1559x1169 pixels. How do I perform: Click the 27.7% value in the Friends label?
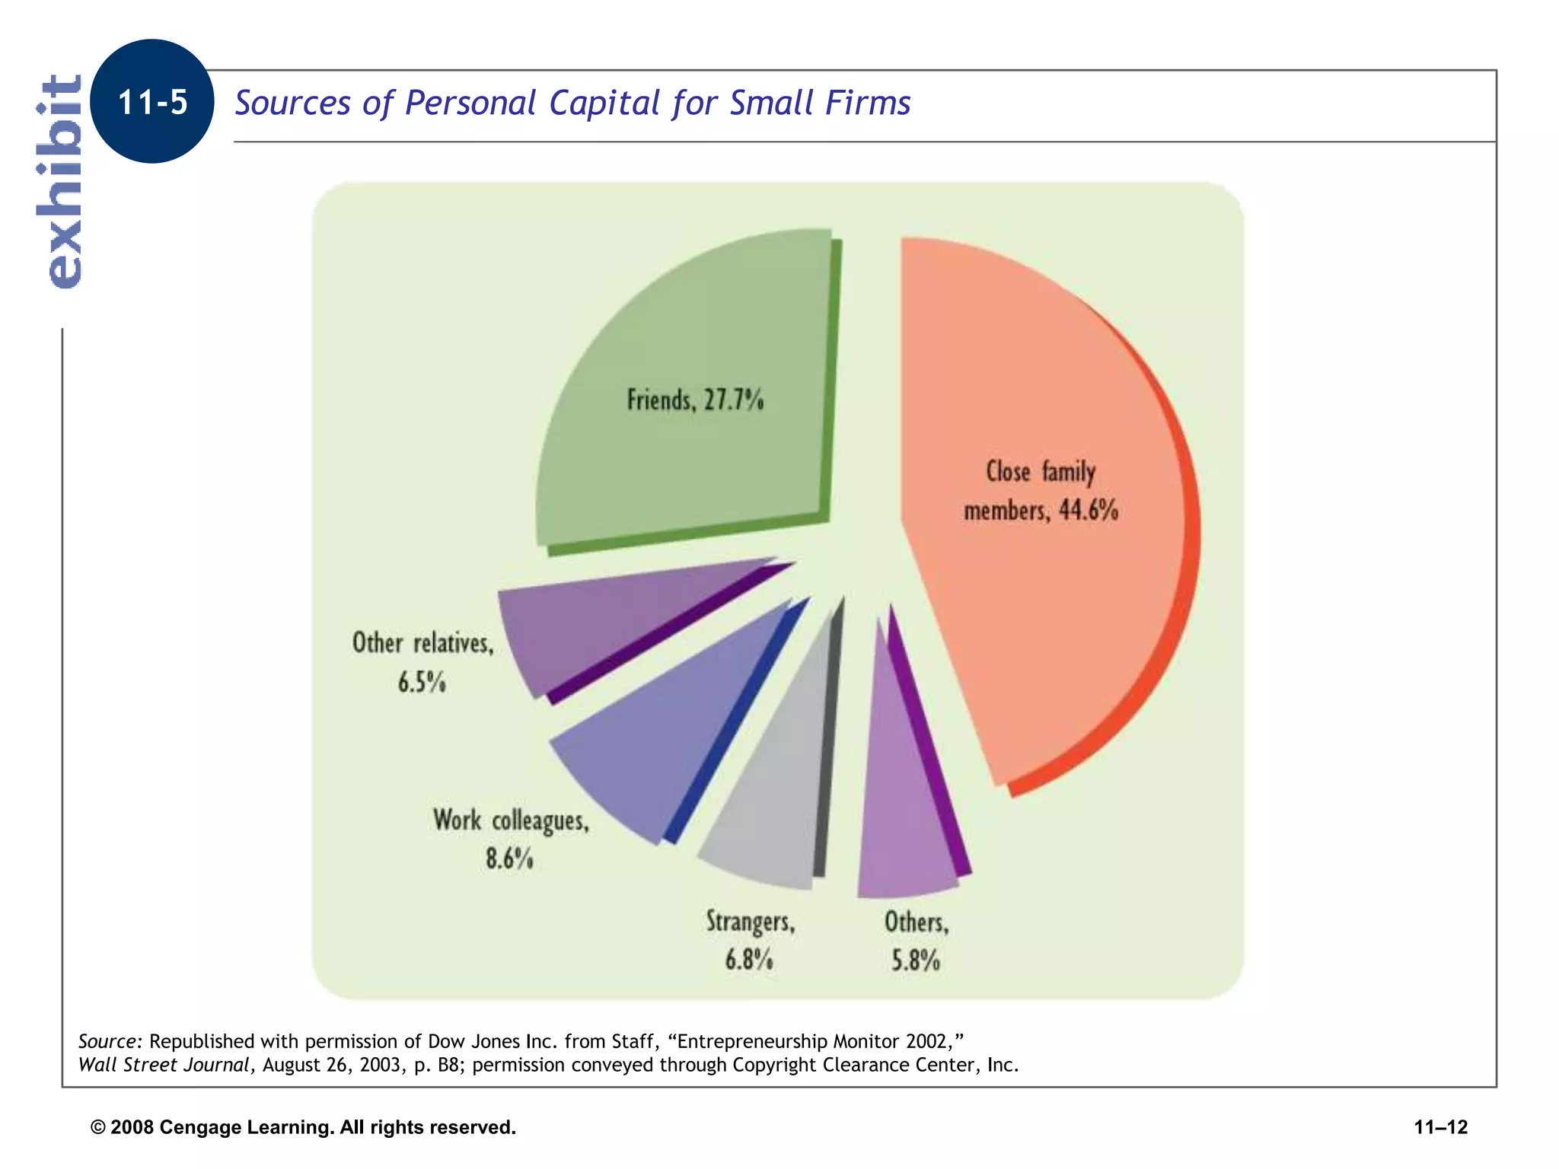click(x=733, y=400)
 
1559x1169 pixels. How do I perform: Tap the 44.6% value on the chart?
click(x=1089, y=510)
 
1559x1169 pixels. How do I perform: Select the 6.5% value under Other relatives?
click(x=422, y=682)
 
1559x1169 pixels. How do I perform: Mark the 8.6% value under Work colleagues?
click(x=509, y=858)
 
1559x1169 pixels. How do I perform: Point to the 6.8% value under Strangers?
click(x=749, y=960)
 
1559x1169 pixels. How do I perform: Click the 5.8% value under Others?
click(x=916, y=960)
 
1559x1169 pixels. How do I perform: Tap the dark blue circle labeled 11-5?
click(x=152, y=102)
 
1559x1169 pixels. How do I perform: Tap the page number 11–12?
click(x=1440, y=1127)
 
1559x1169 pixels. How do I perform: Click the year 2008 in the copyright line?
click(x=132, y=1127)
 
